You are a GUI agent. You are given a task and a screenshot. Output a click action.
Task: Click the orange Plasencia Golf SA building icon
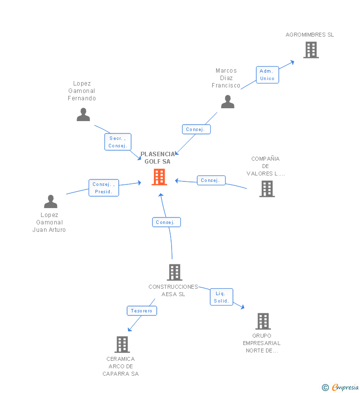pyautogui.click(x=159, y=176)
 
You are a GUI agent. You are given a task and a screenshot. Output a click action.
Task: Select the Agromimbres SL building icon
pyautogui.click(x=311, y=50)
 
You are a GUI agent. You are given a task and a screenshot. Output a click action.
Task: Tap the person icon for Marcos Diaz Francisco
pyautogui.click(x=227, y=101)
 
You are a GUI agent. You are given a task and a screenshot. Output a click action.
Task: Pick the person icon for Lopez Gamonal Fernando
pyautogui.click(x=83, y=114)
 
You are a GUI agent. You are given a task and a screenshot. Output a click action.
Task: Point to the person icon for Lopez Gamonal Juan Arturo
pyautogui.click(x=50, y=201)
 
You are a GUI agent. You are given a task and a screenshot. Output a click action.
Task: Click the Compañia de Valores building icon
pyautogui.click(x=267, y=188)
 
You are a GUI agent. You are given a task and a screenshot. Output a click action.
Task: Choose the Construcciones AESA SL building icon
pyautogui.click(x=174, y=272)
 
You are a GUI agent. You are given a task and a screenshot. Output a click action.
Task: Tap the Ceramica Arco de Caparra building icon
pyautogui.click(x=122, y=344)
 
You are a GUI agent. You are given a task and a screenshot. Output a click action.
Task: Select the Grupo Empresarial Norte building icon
pyautogui.click(x=263, y=321)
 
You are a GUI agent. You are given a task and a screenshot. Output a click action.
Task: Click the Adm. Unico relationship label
pyautogui.click(x=267, y=75)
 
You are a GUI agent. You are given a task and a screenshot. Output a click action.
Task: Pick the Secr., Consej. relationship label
pyautogui.click(x=118, y=142)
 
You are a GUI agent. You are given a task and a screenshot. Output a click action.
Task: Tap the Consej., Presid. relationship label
pyautogui.click(x=103, y=188)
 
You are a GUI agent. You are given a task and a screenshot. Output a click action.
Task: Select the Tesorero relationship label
pyautogui.click(x=142, y=311)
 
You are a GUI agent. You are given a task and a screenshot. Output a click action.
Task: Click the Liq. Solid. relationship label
pyautogui.click(x=221, y=297)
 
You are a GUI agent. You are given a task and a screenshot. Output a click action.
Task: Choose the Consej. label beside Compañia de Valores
pyautogui.click(x=211, y=180)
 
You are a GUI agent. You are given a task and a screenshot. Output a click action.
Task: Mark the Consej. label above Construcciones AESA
pyautogui.click(x=166, y=222)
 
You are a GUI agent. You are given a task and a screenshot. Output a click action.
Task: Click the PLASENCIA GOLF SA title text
pyautogui.click(x=158, y=158)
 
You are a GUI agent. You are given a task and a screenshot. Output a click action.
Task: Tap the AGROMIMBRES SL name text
pyautogui.click(x=310, y=35)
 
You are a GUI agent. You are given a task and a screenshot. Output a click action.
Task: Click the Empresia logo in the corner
pyautogui.click(x=340, y=388)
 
